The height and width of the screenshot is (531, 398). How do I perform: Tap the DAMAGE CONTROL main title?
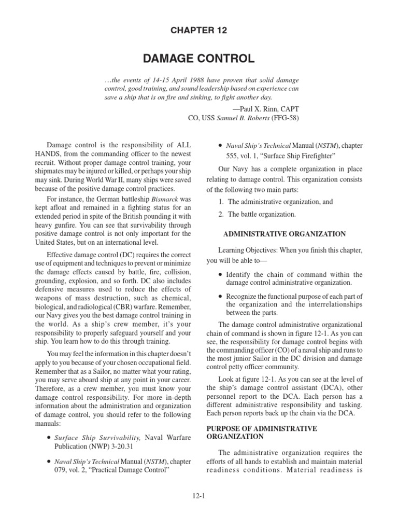click(199, 59)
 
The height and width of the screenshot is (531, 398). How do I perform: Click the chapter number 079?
click(63, 471)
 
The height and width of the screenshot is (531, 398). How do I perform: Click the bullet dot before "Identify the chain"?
click(221, 275)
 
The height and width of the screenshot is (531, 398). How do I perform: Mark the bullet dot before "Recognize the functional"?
click(221, 297)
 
